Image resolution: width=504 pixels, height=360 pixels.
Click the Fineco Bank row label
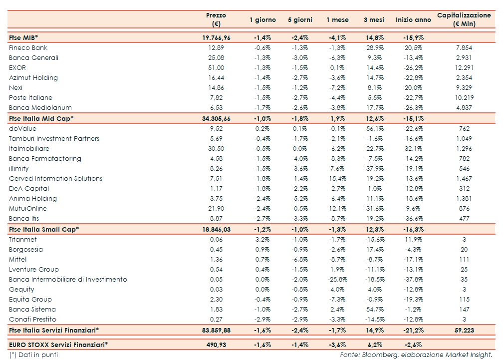click(28, 47)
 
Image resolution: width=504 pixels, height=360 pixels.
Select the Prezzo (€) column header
click(216, 19)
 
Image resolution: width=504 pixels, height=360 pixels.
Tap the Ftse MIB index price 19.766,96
click(216, 37)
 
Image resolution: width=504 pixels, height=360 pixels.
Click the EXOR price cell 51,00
click(216, 67)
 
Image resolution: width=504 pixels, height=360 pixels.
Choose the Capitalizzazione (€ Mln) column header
click(464, 19)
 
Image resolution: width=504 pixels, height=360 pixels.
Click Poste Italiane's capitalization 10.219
click(464, 97)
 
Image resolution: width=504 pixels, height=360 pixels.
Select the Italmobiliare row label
click(29, 148)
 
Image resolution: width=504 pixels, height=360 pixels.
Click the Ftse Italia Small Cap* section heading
click(44, 229)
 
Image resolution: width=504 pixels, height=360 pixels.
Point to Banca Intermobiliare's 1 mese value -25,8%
click(336, 279)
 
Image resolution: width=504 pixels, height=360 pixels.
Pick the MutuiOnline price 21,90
click(216, 208)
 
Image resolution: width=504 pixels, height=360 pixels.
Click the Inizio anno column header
click(413, 19)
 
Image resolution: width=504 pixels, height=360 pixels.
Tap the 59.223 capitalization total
click(464, 330)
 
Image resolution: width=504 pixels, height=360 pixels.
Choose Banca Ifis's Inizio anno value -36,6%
click(413, 218)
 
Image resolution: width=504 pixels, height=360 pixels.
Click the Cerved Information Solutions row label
click(55, 178)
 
